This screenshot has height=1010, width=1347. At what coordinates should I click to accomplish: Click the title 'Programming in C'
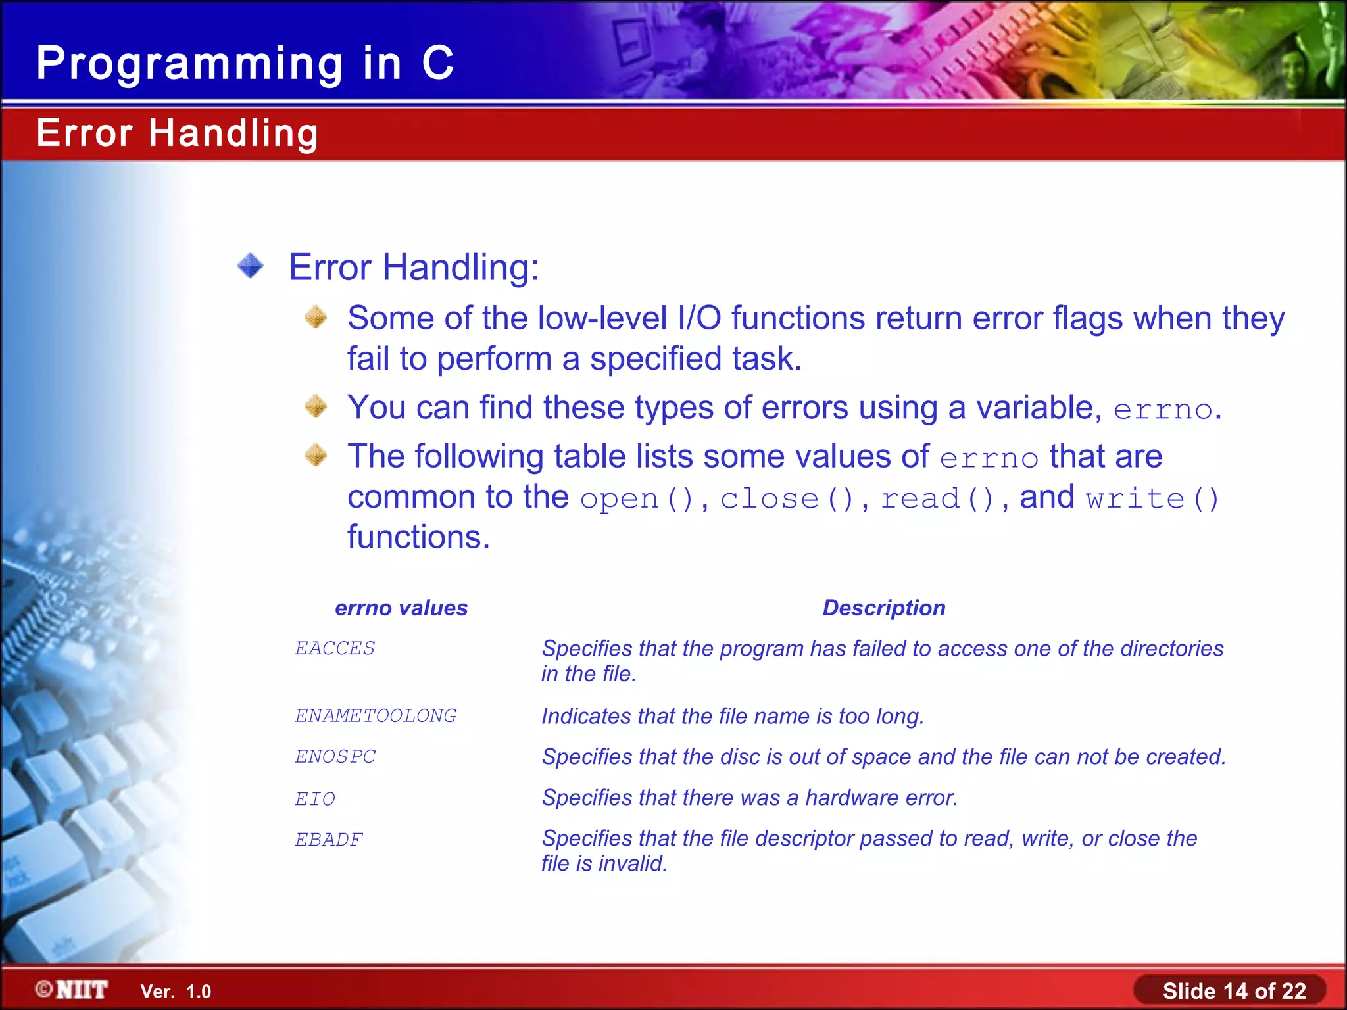click(x=245, y=64)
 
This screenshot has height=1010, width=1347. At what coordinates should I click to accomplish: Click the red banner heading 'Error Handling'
click(x=177, y=133)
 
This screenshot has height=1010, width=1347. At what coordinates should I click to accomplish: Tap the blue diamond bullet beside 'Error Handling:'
click(x=251, y=266)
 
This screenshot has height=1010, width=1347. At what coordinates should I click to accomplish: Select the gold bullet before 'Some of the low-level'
click(x=316, y=317)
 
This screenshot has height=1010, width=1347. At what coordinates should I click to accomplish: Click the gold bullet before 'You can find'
click(x=316, y=406)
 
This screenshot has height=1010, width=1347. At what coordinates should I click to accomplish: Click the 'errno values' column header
click(x=401, y=608)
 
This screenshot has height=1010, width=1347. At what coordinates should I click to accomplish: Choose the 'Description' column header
click(x=883, y=608)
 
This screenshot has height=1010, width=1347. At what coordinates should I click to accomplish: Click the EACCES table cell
click(x=335, y=648)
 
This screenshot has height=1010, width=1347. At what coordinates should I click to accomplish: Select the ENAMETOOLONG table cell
click(x=376, y=715)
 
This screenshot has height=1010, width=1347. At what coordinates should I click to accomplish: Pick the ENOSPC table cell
click(x=335, y=757)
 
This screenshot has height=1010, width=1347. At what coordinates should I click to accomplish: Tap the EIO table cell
click(x=315, y=798)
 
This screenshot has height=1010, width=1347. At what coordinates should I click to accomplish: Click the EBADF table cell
click(x=329, y=840)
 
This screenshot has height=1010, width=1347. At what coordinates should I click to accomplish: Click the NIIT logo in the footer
click(x=72, y=990)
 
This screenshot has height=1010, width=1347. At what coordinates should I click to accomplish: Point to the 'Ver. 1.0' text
click(x=176, y=992)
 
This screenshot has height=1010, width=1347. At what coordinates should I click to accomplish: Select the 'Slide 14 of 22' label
click(x=1233, y=991)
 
